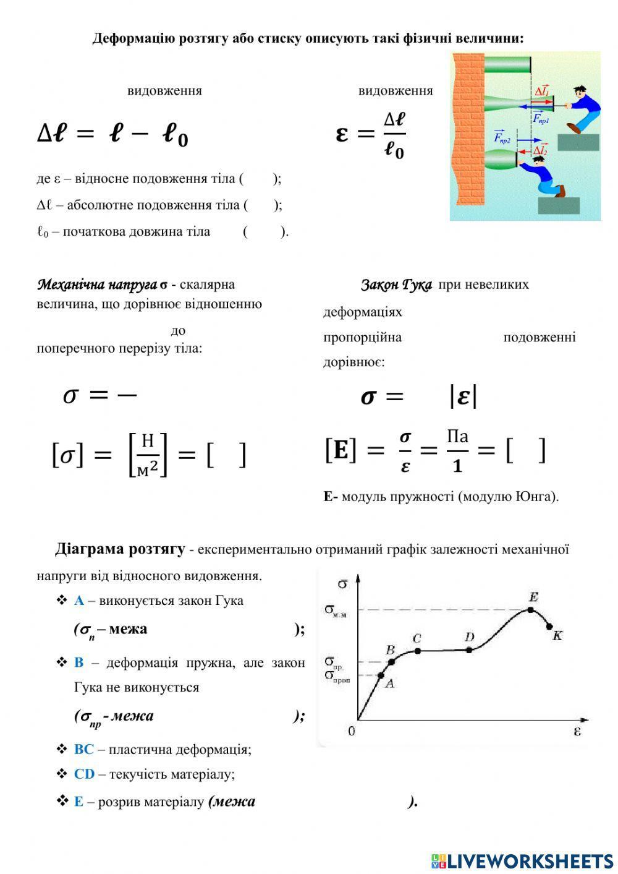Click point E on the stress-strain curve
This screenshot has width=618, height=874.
[530, 609]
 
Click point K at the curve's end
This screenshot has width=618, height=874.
[549, 627]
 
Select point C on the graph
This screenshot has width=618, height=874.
[418, 650]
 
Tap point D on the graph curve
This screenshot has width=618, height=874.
[469, 649]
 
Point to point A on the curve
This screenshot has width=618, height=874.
[381, 675]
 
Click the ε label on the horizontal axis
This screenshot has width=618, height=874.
[577, 731]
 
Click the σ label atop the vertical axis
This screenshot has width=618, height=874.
[343, 583]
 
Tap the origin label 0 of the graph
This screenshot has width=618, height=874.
[352, 732]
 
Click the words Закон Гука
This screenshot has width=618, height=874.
[396, 285]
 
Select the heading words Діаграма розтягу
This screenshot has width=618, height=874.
[120, 549]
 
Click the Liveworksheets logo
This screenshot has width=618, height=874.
[522, 860]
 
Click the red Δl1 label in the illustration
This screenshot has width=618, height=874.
[541, 92]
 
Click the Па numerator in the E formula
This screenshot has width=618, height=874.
[457, 437]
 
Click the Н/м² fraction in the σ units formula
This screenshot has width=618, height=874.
[148, 455]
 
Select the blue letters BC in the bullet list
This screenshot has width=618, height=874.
[83, 749]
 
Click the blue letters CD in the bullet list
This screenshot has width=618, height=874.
[84, 774]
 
